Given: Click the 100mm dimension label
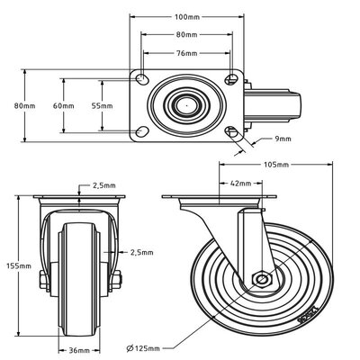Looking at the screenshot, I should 187,17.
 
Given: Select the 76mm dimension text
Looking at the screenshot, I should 187,52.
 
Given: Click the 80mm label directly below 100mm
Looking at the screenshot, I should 187,35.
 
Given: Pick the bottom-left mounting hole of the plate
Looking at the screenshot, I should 143,131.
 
